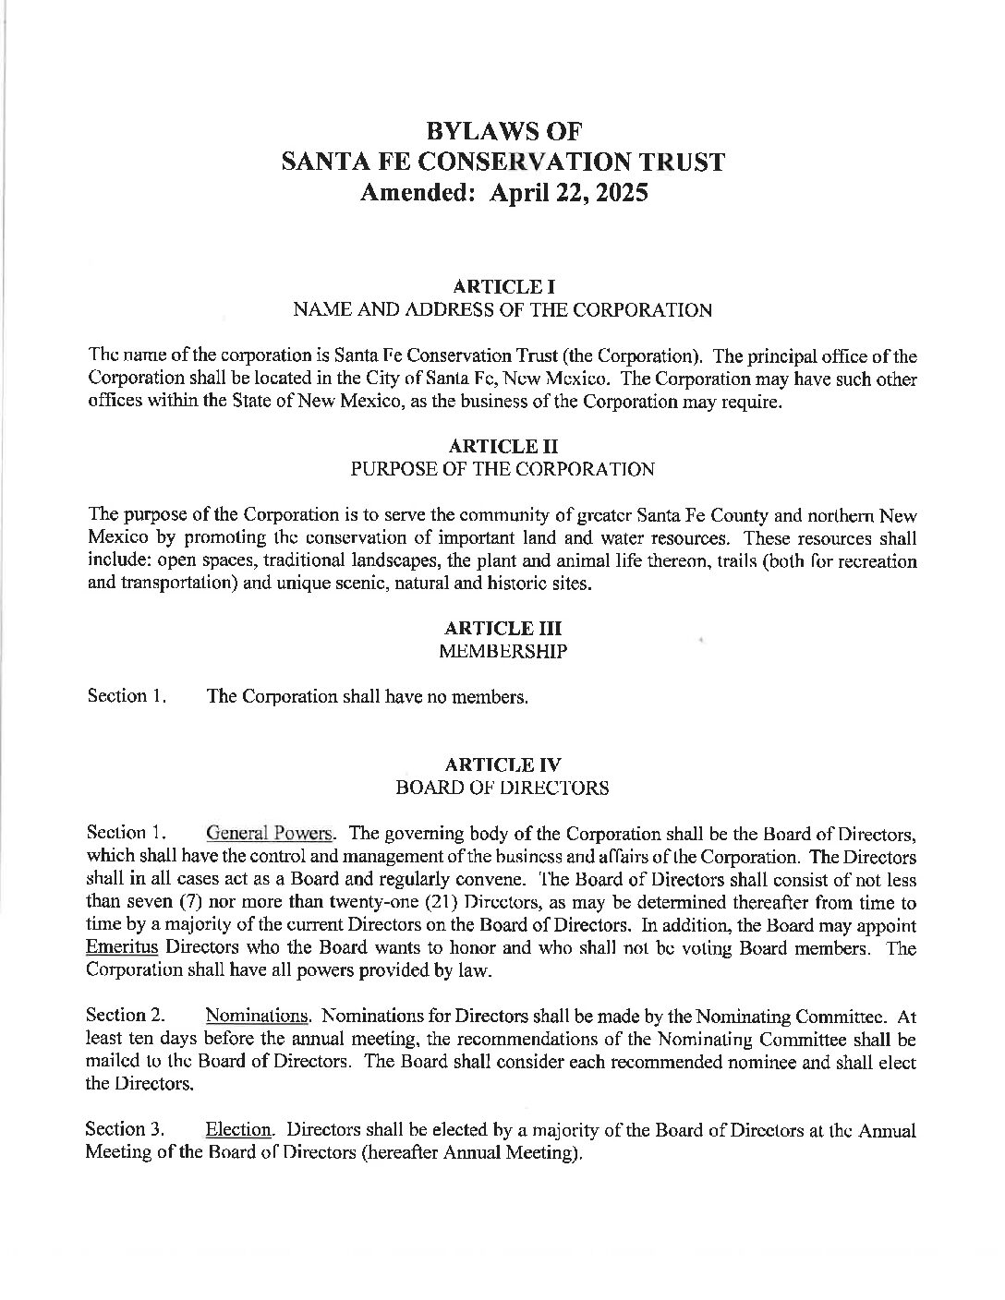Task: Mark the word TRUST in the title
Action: pyautogui.click(x=676, y=162)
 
